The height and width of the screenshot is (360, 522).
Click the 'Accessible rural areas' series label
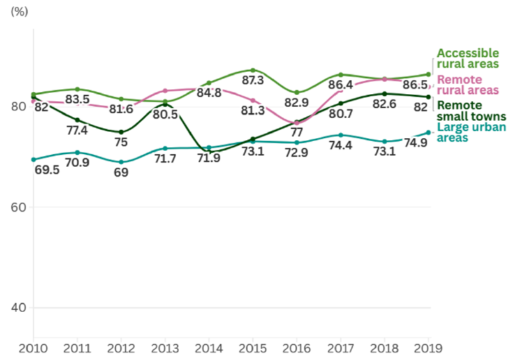click(468, 59)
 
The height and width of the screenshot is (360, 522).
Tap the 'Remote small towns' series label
click(468, 111)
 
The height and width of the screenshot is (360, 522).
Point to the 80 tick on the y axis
click(18, 107)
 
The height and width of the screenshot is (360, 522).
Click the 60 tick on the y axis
click(18, 207)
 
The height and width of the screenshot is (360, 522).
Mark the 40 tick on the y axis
click(18, 308)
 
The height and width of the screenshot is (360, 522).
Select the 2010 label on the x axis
click(33, 347)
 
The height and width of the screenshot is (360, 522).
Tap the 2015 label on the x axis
click(253, 347)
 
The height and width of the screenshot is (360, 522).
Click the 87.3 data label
click(253, 81)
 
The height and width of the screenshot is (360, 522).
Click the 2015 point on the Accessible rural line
click(253, 70)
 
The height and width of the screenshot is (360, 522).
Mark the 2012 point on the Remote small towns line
click(121, 132)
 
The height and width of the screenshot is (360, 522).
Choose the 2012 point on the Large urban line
click(121, 162)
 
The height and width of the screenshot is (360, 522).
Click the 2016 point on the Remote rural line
click(297, 122)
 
